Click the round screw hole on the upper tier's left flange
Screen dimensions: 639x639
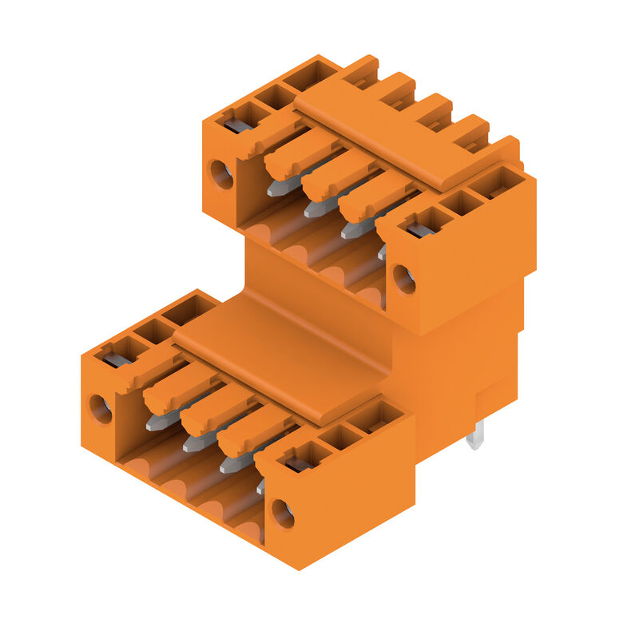[x=220, y=174]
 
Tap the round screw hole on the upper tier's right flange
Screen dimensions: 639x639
[x=404, y=279]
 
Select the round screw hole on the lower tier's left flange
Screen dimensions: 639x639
[x=100, y=409]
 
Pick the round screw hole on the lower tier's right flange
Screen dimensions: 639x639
[x=283, y=514]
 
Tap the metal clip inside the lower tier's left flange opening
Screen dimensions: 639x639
[x=117, y=359]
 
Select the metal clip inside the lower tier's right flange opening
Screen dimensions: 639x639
[x=299, y=463]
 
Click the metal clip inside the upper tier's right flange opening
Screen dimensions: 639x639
[x=420, y=229]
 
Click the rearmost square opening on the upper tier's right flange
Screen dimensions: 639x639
[x=495, y=183]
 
